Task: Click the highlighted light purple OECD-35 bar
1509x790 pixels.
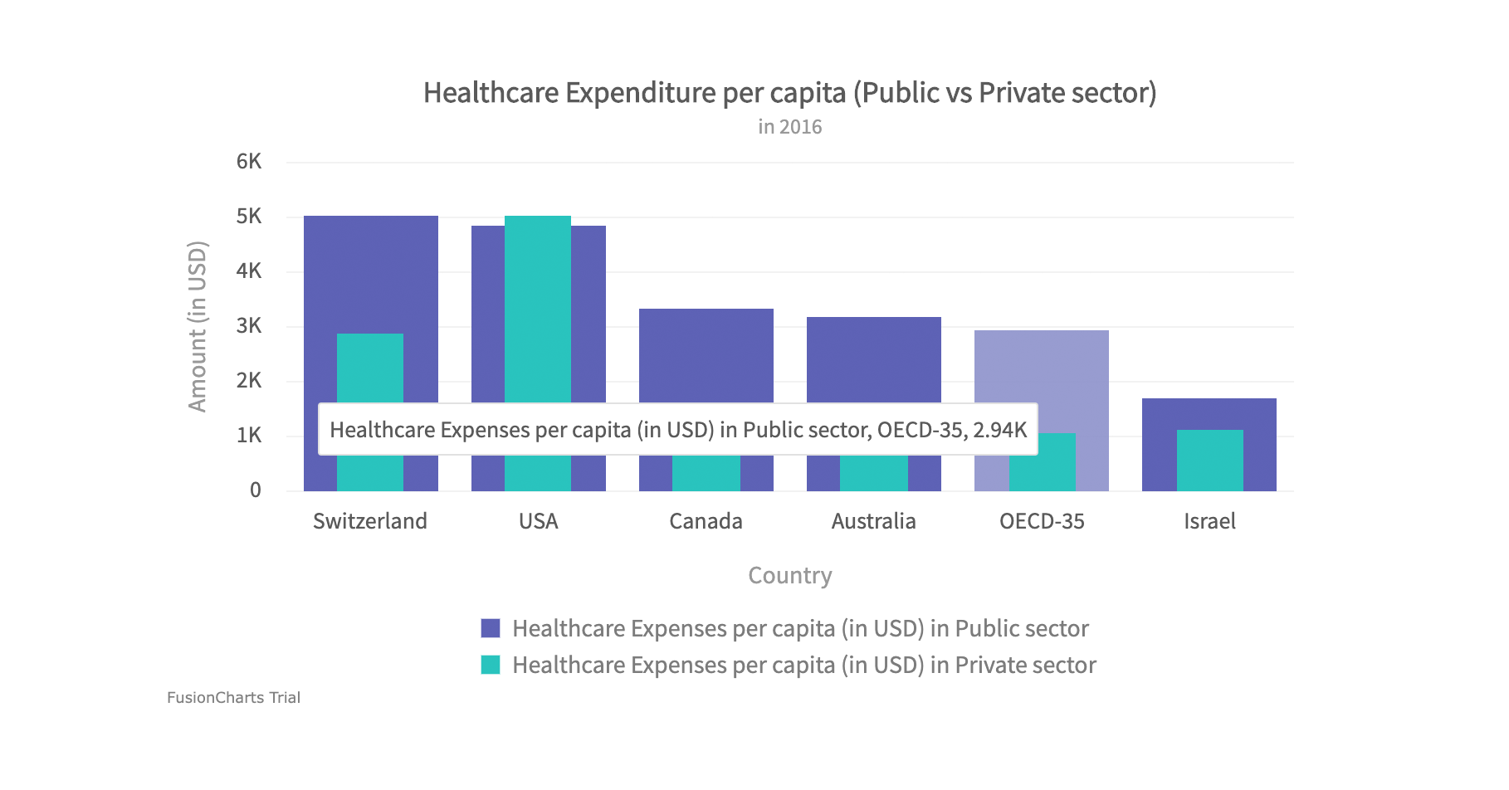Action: (1042, 373)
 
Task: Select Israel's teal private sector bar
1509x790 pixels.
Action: (1209, 461)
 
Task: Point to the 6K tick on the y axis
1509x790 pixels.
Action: (249, 162)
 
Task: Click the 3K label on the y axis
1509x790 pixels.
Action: (249, 326)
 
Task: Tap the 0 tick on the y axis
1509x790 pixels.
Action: (256, 490)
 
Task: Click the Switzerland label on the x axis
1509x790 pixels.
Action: (370, 521)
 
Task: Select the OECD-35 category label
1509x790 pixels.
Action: (1042, 521)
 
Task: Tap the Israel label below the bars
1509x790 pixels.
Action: (1209, 521)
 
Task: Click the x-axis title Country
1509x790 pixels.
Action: (789, 575)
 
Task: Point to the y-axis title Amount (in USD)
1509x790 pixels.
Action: (198, 326)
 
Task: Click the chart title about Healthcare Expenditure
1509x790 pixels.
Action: (789, 92)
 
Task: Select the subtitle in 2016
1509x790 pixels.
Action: (789, 127)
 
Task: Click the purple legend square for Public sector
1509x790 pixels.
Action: (491, 628)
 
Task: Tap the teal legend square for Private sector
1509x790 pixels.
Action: (491, 665)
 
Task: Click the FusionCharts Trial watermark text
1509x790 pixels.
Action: (233, 698)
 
